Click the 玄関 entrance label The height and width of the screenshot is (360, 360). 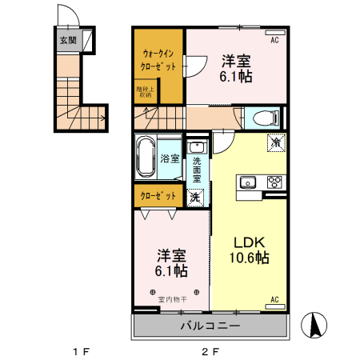pos(67,40)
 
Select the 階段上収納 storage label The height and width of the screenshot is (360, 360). pos(144,91)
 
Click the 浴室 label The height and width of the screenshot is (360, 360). pos(169,158)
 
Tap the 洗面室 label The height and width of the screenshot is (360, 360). pos(197,168)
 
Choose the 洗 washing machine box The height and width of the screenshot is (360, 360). pos(195,197)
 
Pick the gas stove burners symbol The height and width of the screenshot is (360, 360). pos(274,181)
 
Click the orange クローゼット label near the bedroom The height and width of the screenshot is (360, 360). pos(158,195)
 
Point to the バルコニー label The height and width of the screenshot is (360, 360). pos(209,326)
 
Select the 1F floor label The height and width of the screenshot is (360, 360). pos(79,351)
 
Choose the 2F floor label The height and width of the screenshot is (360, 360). pos(210,351)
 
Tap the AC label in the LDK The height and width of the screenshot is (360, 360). pos(274,300)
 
